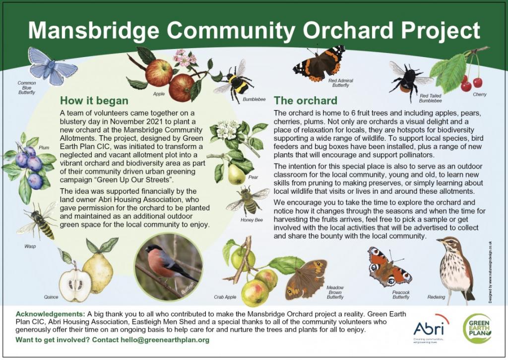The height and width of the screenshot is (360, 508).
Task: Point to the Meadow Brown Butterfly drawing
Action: [306, 279]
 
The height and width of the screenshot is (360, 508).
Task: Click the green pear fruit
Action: [236, 174]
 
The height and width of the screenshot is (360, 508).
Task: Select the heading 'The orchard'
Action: [306, 100]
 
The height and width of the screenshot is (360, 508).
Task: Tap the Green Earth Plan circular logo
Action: [477, 328]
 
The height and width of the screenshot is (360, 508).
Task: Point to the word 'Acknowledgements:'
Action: [50, 314]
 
